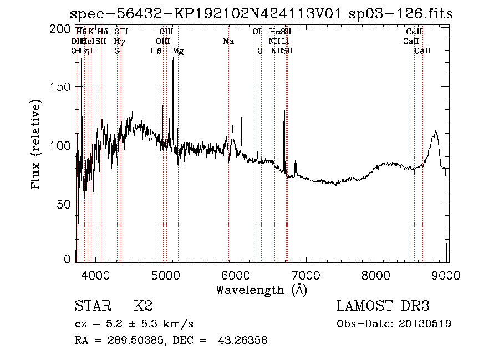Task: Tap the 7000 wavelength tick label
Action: pos(307,275)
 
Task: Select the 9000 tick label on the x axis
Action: pos(447,275)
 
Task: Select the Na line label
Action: pos(228,42)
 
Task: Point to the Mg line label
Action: pos(178,51)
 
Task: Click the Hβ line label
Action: pos(156,51)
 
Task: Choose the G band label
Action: pos(117,51)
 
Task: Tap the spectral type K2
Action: pos(143,306)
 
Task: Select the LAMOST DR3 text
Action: pos(383,306)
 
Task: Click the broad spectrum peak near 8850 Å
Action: pos(436,131)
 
